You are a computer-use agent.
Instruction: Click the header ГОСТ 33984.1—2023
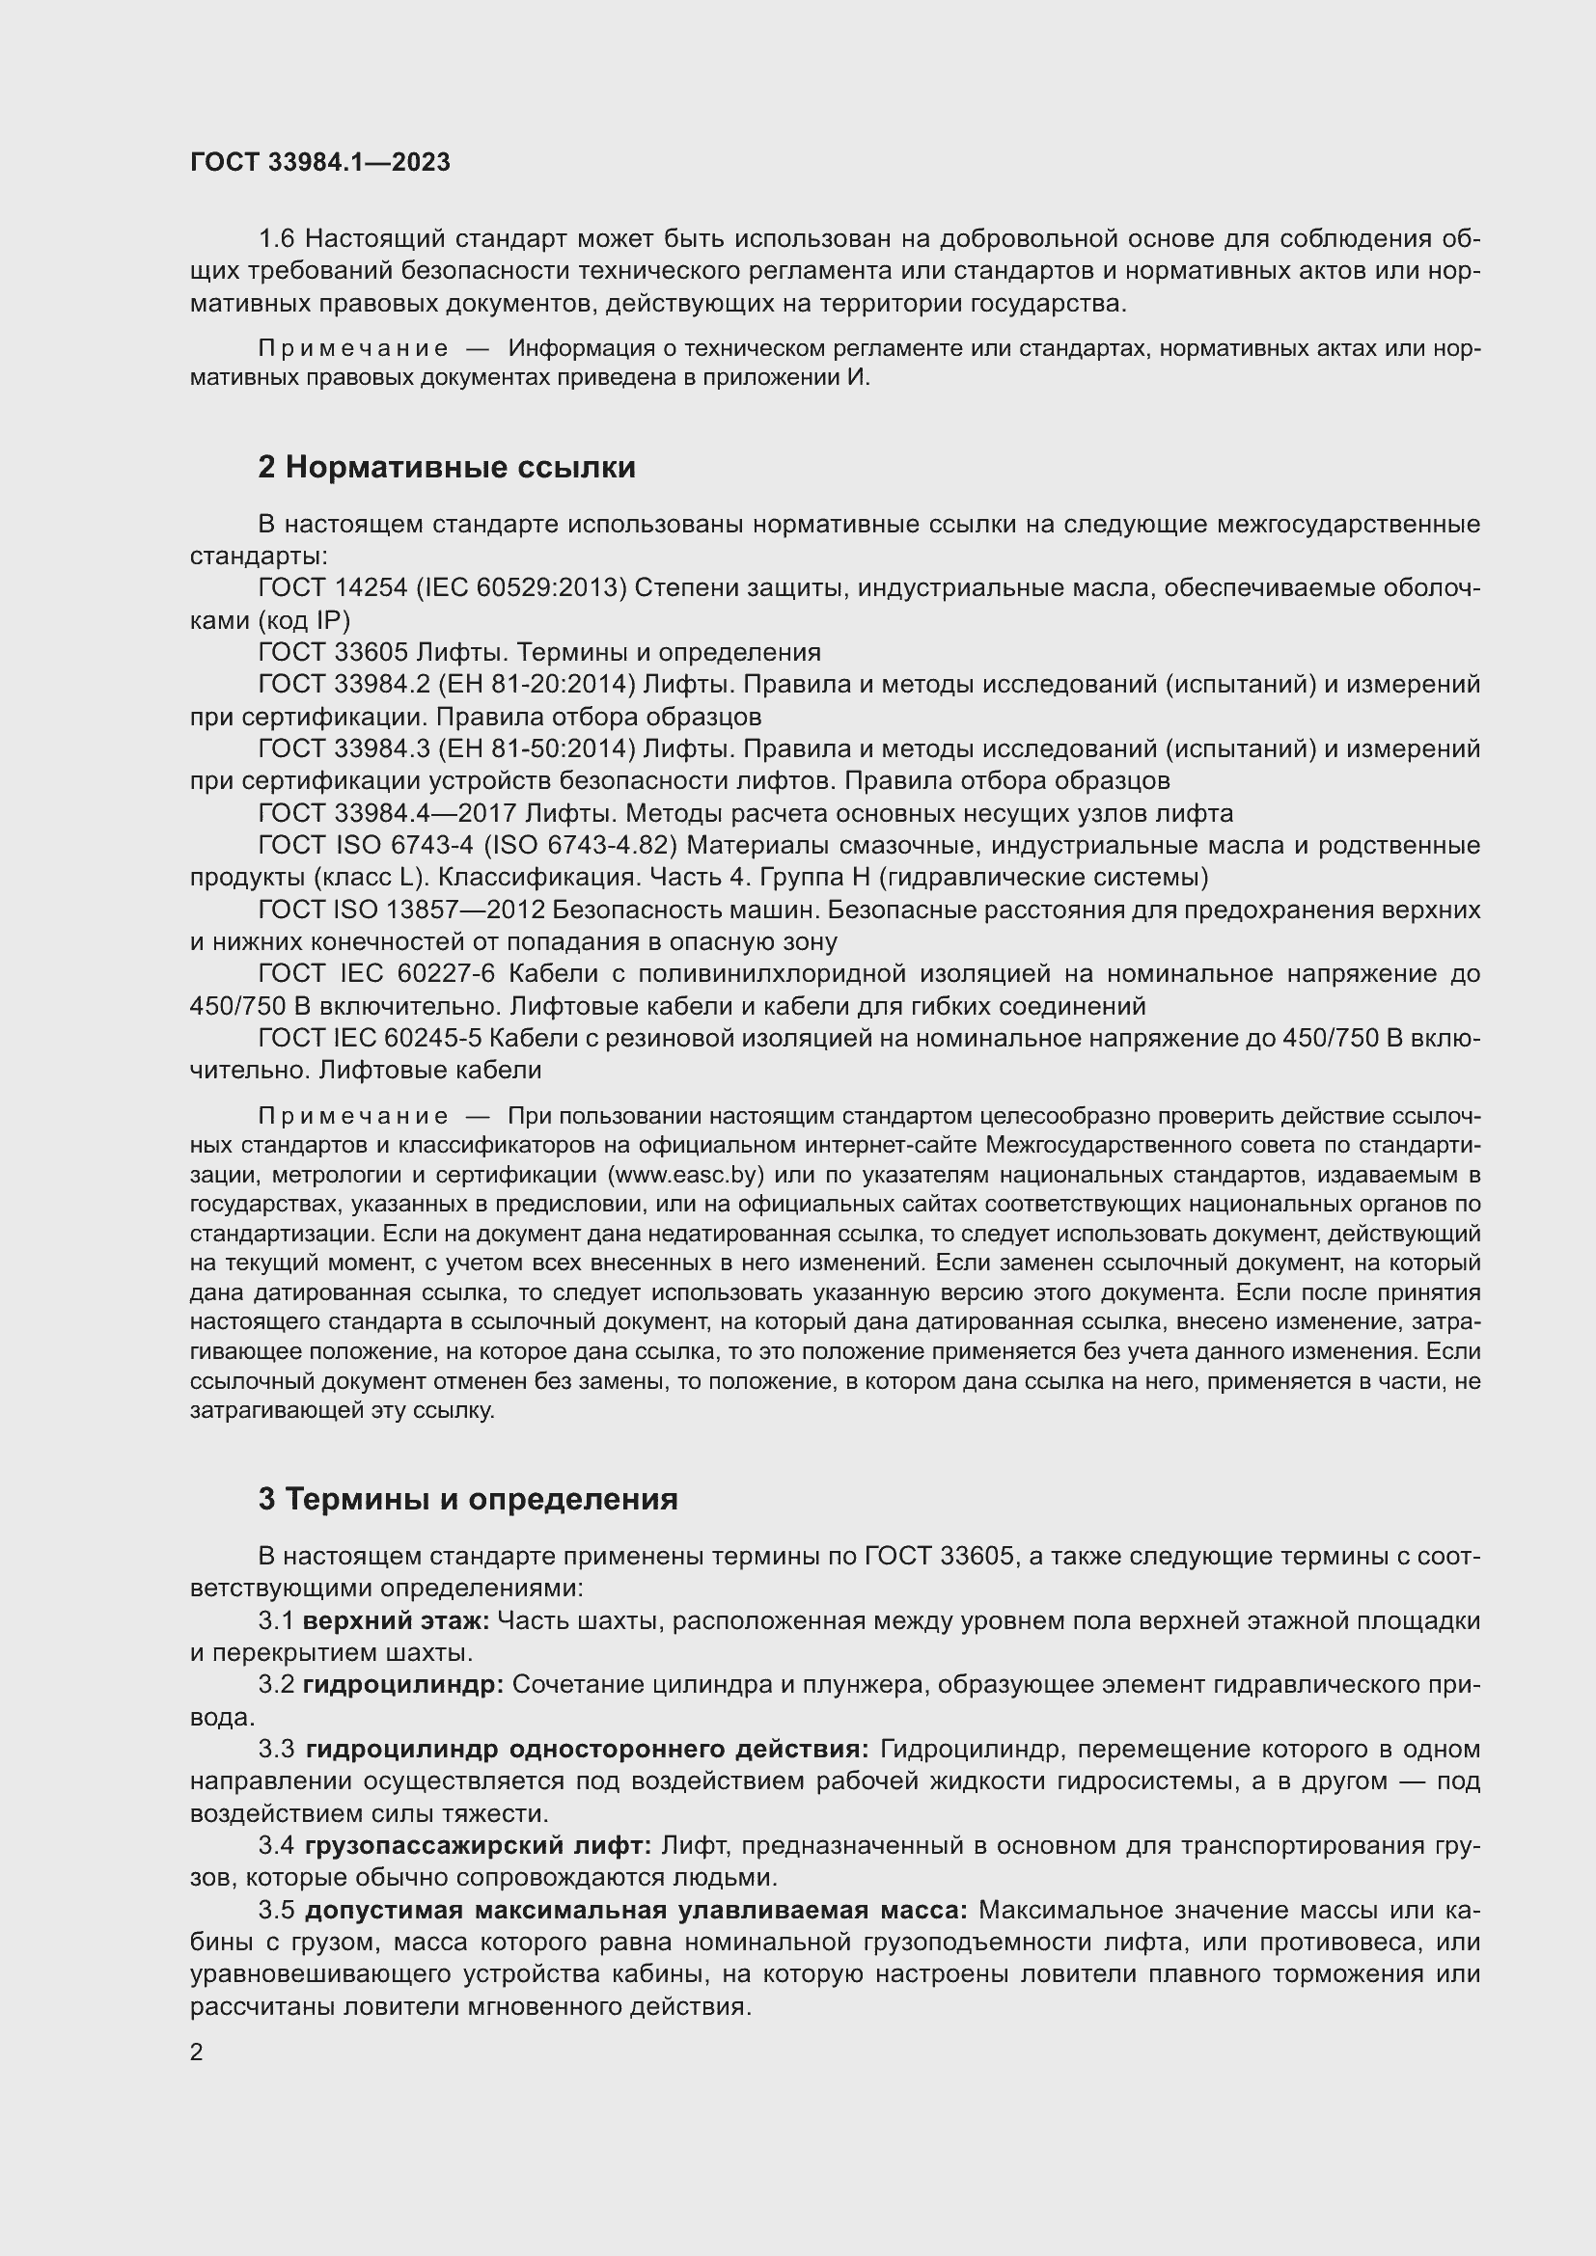click(320, 162)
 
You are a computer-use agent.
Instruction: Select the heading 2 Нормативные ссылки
click(447, 468)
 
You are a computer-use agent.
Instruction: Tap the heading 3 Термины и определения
click(468, 1500)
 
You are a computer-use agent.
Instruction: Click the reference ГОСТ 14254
click(332, 588)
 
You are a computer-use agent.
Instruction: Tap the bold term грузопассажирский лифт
click(478, 1846)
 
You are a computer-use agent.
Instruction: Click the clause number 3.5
click(277, 1910)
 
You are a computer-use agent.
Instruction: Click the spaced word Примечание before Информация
click(354, 349)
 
